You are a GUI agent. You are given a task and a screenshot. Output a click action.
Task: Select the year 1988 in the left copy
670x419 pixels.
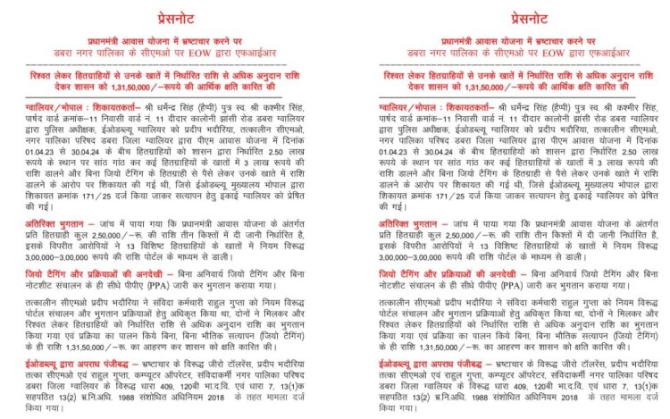coord(136,394)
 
